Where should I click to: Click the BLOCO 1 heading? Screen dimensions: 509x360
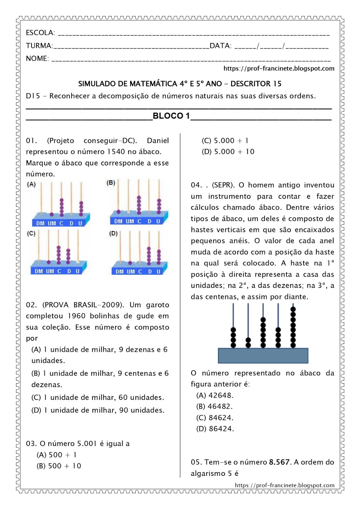[171, 116]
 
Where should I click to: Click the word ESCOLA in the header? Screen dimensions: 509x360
[40, 33]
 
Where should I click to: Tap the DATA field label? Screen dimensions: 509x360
[220, 46]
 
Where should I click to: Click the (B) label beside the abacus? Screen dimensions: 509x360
[111, 183]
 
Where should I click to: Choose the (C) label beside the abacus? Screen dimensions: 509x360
[31, 234]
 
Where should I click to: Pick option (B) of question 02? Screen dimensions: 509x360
[100, 379]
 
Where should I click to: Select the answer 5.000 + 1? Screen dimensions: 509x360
[225, 141]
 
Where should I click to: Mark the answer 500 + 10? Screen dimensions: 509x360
[59, 466]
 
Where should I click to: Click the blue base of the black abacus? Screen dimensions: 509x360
[263, 356]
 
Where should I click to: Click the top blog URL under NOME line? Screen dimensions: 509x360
[279, 68]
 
